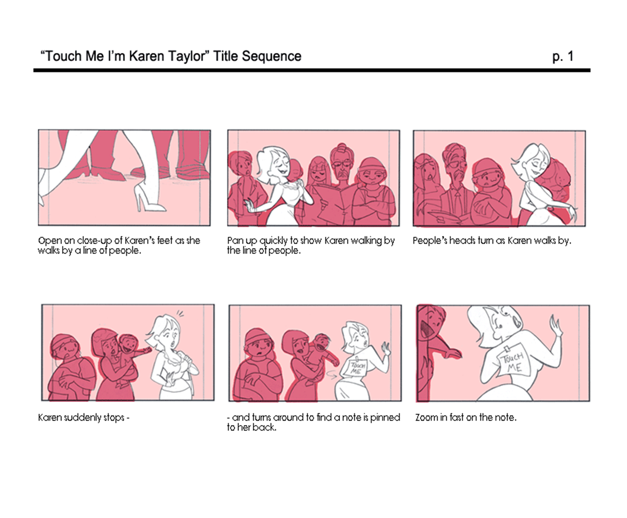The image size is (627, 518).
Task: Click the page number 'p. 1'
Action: pos(563,56)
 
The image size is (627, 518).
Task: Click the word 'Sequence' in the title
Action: pos(271,56)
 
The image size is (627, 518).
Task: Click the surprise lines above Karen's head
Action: pos(180,313)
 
